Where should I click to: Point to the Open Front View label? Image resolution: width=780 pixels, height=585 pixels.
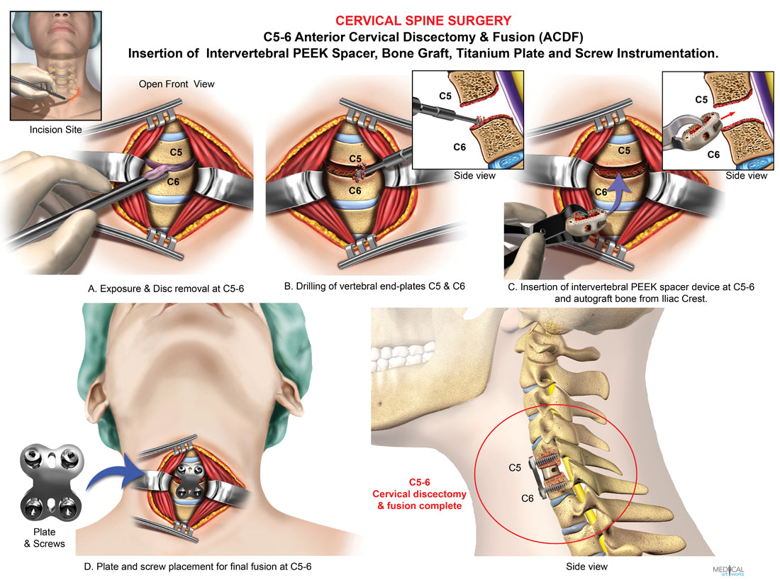pos(176,84)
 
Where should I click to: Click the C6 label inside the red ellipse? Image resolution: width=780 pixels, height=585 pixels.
pos(528,498)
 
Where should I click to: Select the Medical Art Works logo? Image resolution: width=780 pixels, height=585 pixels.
pos(728,569)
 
